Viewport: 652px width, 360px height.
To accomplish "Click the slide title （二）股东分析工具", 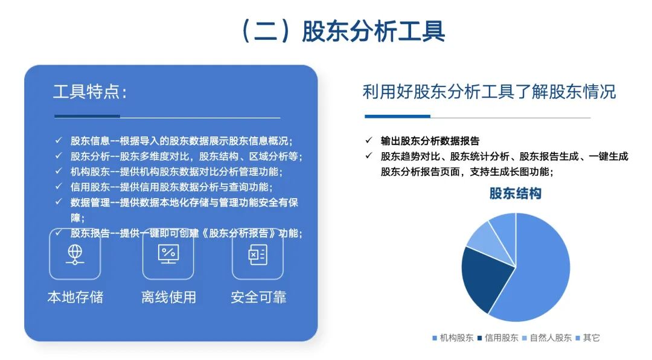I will [342, 31].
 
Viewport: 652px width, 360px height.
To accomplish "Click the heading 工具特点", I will [90, 92].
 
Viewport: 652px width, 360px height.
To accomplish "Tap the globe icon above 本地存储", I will [75, 254].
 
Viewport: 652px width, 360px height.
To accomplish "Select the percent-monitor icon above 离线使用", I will [168, 254].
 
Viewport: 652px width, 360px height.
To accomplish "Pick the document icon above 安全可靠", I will [258, 254].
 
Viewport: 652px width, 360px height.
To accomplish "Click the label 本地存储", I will [75, 297].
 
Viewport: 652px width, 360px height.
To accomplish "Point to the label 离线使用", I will [168, 297].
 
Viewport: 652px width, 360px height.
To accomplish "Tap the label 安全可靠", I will [258, 297].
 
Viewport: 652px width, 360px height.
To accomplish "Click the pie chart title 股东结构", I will [515, 193].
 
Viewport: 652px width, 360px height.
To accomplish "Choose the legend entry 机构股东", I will [453, 338].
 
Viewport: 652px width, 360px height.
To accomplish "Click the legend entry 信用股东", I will [497, 338].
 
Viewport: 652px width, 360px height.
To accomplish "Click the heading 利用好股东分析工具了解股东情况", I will [489, 92].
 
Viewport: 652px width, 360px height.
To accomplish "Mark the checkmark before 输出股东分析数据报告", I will [368, 141].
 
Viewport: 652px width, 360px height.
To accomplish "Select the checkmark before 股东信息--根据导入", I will [59, 141].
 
